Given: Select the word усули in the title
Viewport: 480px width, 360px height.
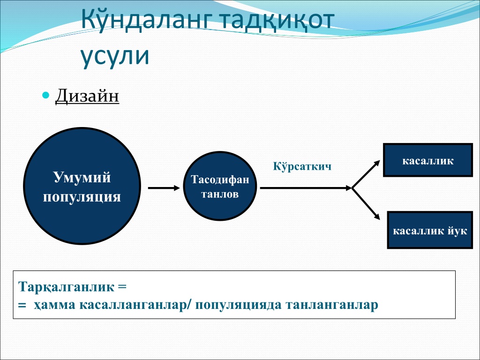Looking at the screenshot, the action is coord(115,57).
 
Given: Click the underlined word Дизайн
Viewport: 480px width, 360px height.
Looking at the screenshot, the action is coord(87,96).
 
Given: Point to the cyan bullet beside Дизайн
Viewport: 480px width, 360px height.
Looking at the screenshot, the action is coord(45,95).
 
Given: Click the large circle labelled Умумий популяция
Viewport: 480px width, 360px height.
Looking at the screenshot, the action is coord(82,186).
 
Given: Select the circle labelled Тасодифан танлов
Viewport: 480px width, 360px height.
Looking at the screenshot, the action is coord(220,186).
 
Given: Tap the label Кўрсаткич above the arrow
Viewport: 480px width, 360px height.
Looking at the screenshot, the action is coord(302,166).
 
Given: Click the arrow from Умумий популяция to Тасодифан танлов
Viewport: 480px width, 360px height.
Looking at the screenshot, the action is coord(164,188).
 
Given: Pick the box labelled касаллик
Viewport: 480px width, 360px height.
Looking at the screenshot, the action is coord(428,160).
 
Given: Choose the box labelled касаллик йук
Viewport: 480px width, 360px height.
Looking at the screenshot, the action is coord(430,230).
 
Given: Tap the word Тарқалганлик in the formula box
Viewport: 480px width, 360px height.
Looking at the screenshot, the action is coord(67,287).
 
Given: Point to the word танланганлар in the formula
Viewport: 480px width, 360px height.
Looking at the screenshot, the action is coord(332,305).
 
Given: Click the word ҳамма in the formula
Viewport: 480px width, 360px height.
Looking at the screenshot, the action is coord(54,305).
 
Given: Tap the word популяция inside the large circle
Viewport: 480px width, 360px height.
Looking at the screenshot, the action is coord(82,197).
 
